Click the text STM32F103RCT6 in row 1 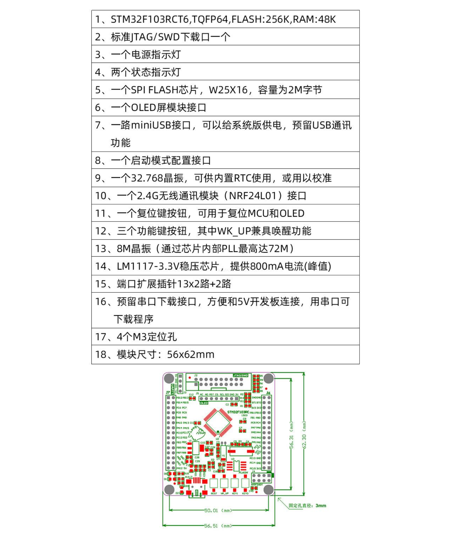tap(150, 19)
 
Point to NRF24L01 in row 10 tap(253, 196)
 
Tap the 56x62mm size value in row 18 tap(191, 354)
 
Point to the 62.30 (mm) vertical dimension tap(304, 435)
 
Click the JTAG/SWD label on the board tap(240, 375)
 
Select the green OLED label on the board tap(204, 403)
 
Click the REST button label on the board tap(214, 494)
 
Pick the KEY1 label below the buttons tap(235, 494)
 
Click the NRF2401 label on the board tap(257, 484)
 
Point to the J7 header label tap(168, 392)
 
